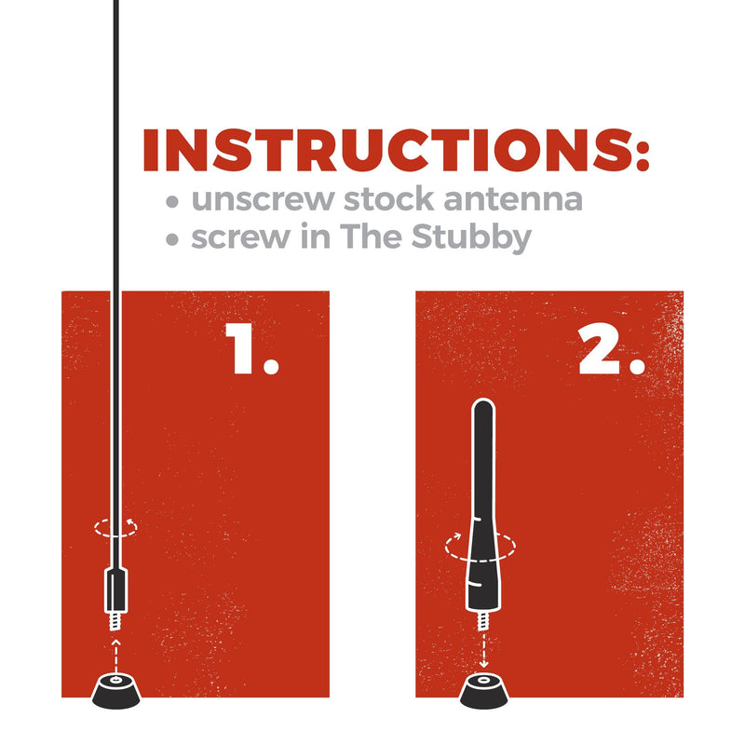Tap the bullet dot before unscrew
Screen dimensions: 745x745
(x=170, y=201)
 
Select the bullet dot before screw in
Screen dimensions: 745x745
(x=170, y=239)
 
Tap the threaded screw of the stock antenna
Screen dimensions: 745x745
(x=115, y=617)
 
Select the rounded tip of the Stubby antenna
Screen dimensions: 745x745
(x=483, y=406)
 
